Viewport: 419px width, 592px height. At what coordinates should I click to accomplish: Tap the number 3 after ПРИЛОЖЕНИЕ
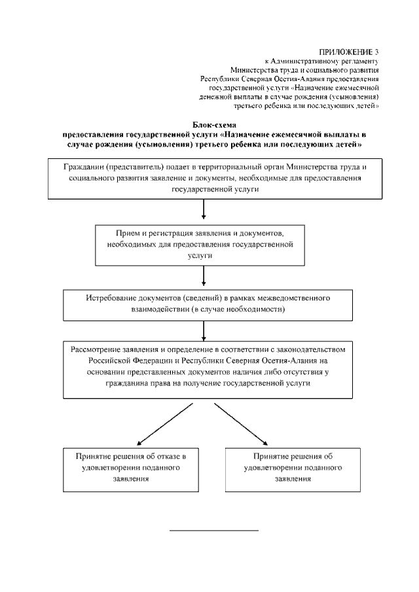click(x=376, y=51)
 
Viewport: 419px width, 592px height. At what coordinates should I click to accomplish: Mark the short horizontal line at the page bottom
click(x=214, y=529)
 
